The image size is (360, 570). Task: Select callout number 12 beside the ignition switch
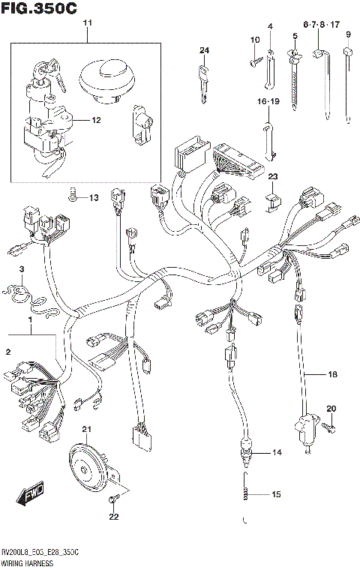tap(97, 120)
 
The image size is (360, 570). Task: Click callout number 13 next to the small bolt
tap(94, 198)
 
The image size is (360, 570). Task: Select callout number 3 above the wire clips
tap(22, 269)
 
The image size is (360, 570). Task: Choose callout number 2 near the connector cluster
tap(8, 352)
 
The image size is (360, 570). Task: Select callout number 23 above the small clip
tap(273, 177)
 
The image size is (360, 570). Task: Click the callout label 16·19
tap(268, 100)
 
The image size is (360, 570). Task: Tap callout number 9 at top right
tap(348, 34)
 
